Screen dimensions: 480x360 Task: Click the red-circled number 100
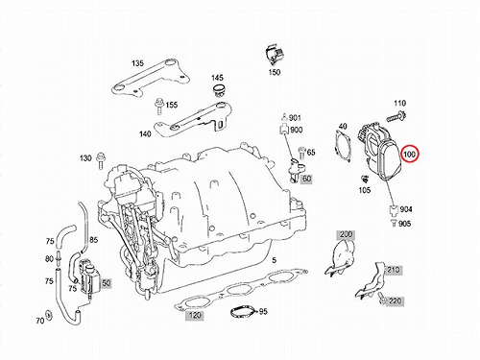(409, 155)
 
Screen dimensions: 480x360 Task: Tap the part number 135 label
(137, 63)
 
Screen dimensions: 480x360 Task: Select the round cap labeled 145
(219, 90)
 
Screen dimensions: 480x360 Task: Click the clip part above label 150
(274, 55)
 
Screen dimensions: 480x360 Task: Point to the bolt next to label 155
(158, 106)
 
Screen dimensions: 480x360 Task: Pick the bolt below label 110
(396, 116)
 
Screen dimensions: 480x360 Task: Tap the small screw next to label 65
(301, 154)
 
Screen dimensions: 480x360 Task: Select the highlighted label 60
(306, 179)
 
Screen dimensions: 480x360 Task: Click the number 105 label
(365, 190)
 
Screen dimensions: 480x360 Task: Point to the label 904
(406, 209)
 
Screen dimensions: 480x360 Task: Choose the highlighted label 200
(346, 234)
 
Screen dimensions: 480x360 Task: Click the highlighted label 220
(395, 300)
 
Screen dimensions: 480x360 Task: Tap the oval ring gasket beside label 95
(244, 312)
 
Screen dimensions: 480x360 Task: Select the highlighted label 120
(195, 316)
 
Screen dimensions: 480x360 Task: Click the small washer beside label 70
(49, 315)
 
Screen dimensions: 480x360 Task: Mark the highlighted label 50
(107, 283)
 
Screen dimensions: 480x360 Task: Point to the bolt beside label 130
(101, 160)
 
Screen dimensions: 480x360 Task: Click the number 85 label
(93, 240)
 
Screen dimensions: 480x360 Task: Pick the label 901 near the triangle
(295, 118)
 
